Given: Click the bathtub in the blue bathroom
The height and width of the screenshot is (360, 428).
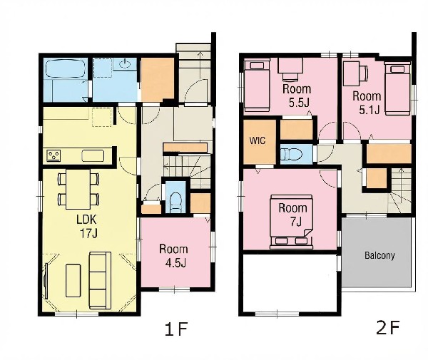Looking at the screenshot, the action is click(x=66, y=68).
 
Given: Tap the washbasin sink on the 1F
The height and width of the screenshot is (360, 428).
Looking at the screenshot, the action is click(x=126, y=64).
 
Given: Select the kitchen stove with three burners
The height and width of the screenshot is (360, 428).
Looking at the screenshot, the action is click(x=53, y=155).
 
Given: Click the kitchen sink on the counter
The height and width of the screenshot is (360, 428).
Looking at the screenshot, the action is click(x=93, y=156).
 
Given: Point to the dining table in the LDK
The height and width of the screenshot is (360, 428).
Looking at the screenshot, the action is click(x=78, y=189).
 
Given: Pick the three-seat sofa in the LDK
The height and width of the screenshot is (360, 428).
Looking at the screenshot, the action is click(x=100, y=280).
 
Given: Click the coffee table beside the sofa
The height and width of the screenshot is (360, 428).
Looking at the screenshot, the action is click(x=73, y=280).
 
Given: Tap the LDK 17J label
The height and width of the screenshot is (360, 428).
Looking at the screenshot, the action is click(x=87, y=227).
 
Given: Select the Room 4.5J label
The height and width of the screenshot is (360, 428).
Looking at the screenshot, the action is click(x=173, y=256).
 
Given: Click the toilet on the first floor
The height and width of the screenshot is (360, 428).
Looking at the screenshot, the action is click(x=175, y=202).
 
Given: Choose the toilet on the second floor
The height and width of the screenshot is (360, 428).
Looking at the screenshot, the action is click(x=292, y=155).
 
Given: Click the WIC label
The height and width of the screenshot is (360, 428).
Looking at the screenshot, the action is click(x=257, y=140).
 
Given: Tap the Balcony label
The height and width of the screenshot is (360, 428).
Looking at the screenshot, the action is click(x=379, y=255).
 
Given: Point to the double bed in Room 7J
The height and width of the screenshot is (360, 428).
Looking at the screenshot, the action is click(x=291, y=222).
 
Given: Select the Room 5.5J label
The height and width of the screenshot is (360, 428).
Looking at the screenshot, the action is click(x=297, y=96).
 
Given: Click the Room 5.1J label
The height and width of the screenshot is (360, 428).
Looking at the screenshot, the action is click(x=367, y=103).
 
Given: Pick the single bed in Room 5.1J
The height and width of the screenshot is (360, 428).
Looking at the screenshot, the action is click(x=397, y=88).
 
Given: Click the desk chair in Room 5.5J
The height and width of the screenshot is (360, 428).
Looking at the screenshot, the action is click(x=290, y=76).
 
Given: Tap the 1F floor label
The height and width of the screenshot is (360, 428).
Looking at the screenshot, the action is click(x=176, y=329).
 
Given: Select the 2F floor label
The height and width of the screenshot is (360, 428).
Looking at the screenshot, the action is click(x=388, y=327).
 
